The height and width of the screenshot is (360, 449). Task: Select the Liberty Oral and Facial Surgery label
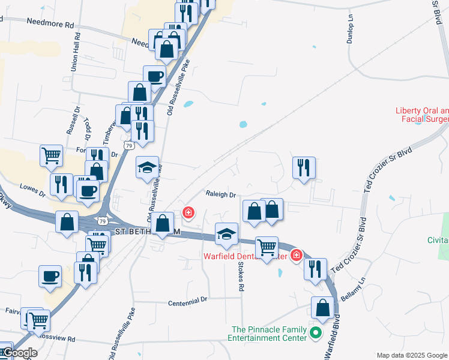(422, 115)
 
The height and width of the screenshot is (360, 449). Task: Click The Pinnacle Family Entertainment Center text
(270, 334)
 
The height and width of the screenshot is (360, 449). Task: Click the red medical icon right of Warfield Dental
(296, 256)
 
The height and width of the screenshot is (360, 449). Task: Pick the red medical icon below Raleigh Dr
(188, 212)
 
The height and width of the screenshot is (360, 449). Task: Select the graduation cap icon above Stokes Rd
(227, 234)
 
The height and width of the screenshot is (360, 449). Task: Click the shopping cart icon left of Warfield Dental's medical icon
(267, 247)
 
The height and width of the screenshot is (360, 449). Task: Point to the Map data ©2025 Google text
(411, 355)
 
